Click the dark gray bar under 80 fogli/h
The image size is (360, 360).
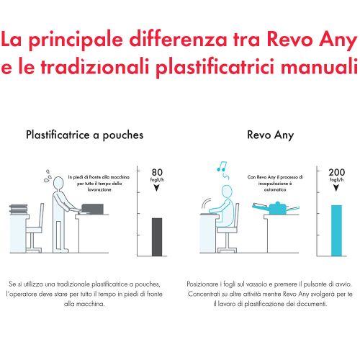[156, 237]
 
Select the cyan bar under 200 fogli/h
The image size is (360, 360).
[336, 230]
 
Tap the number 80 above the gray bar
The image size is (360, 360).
[158, 172]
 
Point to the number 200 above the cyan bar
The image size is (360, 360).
[336, 172]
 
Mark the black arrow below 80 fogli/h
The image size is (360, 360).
[158, 188]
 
